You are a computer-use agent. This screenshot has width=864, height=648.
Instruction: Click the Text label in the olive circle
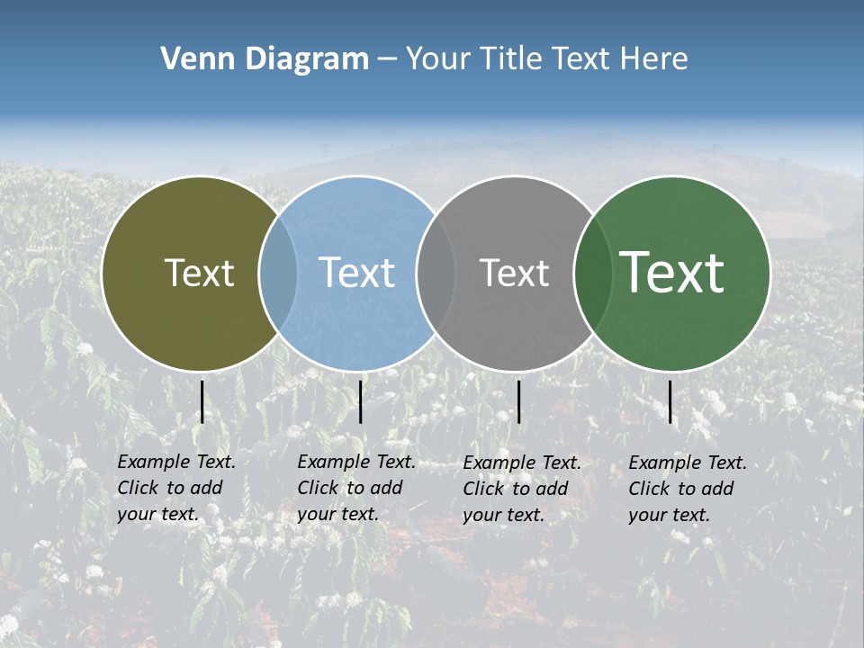pyautogui.click(x=199, y=273)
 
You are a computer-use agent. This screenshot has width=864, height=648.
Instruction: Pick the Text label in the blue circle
pyautogui.click(x=356, y=273)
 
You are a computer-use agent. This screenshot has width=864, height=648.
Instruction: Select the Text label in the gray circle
pyautogui.click(x=514, y=273)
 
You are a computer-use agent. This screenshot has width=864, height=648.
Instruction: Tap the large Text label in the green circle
pyautogui.click(x=672, y=272)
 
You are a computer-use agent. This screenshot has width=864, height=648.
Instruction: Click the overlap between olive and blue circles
pyautogui.click(x=278, y=273)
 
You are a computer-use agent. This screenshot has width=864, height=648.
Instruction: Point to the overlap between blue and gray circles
pyautogui.click(x=436, y=273)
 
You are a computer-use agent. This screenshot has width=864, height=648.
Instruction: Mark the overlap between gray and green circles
pyautogui.click(x=593, y=273)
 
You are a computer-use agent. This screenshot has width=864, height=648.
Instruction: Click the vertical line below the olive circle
pyautogui.click(x=202, y=401)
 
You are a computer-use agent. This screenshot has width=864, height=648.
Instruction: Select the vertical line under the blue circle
pyautogui.click(x=360, y=401)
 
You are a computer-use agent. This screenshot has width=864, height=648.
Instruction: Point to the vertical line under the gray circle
pyautogui.click(x=518, y=401)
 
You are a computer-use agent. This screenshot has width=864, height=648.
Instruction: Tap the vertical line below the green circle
pyautogui.click(x=670, y=401)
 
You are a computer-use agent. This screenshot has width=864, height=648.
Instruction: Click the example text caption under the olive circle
pyautogui.click(x=175, y=488)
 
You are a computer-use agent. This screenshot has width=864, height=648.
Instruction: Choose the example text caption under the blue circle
pyautogui.click(x=355, y=488)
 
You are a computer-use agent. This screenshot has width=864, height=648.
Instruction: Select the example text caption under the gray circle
pyautogui.click(x=521, y=489)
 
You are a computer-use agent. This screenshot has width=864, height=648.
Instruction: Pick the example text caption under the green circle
pyautogui.click(x=687, y=489)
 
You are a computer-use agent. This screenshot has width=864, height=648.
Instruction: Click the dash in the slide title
pyautogui.click(x=387, y=60)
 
